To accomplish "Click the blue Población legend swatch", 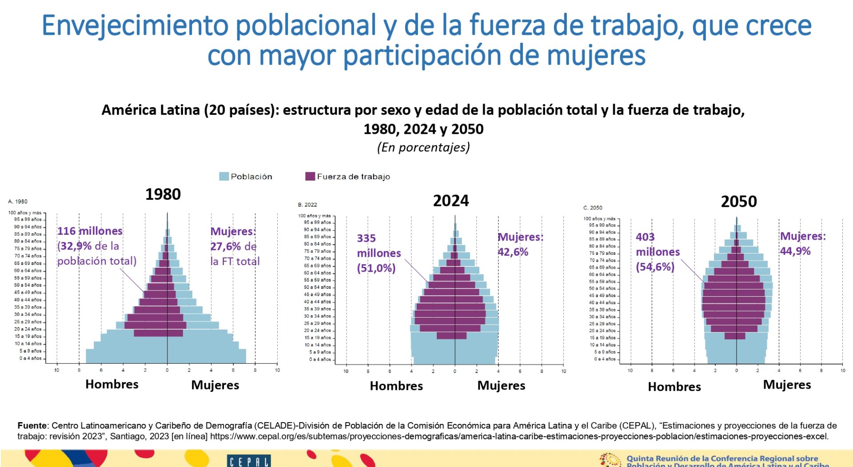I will coord(224,177).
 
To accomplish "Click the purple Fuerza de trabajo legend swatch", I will coord(310,177).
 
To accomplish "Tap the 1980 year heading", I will coord(163,194).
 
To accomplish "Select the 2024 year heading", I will coord(451,201).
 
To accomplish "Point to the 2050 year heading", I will coord(739,202).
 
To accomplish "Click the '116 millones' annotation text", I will coord(90,231).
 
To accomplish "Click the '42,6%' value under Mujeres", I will coord(513,252).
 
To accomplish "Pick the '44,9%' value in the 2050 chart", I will coord(795,251).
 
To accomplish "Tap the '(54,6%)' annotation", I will coord(655,267).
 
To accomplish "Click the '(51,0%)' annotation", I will coord(376,268).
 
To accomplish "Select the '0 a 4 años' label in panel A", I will coord(30,358).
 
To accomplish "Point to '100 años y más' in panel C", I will coord(599,219).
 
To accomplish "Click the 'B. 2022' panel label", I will coord(307,205).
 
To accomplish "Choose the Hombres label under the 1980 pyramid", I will coord(112,384).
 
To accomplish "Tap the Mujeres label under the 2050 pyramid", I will coord(787,385).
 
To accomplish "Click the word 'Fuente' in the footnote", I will coord(32,426).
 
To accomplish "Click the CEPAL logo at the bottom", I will coord(249,461).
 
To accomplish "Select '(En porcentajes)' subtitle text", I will coord(423,147).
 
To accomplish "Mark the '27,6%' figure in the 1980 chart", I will coord(226,246).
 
